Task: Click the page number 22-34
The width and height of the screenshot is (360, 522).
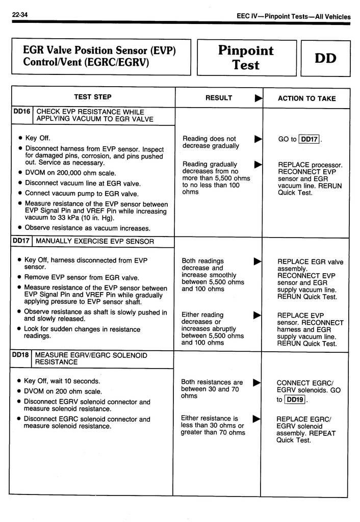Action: [x=20, y=15]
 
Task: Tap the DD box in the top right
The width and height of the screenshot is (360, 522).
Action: [x=325, y=58]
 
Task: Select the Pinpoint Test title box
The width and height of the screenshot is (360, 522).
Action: [x=246, y=58]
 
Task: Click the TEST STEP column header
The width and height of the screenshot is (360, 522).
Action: [x=93, y=97]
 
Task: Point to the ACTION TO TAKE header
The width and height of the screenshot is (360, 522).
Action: [x=306, y=98]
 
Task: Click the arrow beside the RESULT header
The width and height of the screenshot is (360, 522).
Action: [x=259, y=98]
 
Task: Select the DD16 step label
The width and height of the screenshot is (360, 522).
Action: [x=22, y=112]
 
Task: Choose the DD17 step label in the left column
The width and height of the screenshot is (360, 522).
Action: [x=22, y=241]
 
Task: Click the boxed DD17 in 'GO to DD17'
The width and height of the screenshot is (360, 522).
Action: [x=309, y=139]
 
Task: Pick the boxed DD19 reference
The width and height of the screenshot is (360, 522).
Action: [x=295, y=400]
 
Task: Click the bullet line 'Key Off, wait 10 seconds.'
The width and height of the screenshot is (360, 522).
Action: [x=62, y=381]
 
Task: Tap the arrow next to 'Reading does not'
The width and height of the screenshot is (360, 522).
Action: [x=258, y=138]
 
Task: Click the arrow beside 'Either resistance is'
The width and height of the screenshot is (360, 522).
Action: [x=257, y=419]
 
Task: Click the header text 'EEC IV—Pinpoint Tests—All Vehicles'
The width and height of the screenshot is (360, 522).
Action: [x=294, y=17]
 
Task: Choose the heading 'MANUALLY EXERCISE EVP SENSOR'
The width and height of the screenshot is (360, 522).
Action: [x=95, y=241]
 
